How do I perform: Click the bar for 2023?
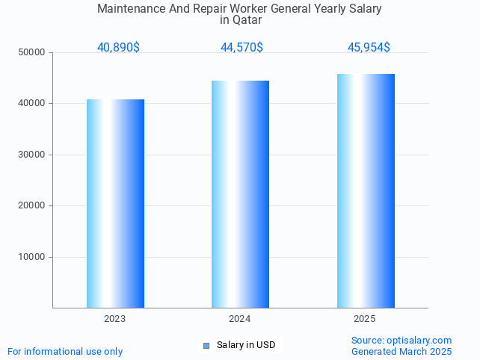tap(115, 203)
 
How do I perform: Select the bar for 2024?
tap(240, 194)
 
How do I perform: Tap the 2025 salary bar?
tap(366, 190)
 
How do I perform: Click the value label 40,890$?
tap(118, 47)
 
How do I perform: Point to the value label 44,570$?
tap(241, 47)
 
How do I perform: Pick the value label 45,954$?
tap(369, 47)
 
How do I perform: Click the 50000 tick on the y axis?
tap(33, 52)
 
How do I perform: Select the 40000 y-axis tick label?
tap(33, 103)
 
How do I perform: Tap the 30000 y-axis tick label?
tap(33, 155)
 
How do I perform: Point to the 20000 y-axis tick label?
tap(33, 205)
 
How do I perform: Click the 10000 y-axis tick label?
tap(33, 257)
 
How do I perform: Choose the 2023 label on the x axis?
tap(115, 319)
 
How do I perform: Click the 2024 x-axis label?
tap(240, 319)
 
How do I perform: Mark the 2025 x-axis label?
tap(365, 319)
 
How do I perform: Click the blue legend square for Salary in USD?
tap(206, 345)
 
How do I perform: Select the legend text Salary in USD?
tap(246, 345)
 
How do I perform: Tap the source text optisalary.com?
tap(419, 340)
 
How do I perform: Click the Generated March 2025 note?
tap(401, 351)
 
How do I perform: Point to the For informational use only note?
tap(65, 351)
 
